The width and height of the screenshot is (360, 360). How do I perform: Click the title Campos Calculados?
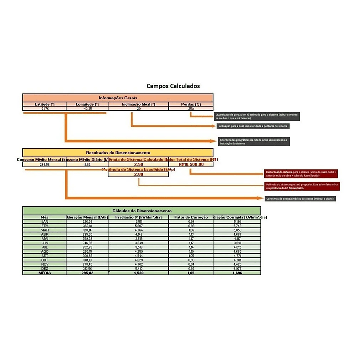173,86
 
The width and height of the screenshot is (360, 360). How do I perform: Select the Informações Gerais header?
118,97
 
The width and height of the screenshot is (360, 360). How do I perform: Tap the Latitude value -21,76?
45,108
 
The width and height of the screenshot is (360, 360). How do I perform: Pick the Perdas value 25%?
191,108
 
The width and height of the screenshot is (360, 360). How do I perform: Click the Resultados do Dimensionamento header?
118,152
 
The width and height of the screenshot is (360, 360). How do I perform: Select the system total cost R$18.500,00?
191,164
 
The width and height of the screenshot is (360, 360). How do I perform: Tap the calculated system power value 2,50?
139,164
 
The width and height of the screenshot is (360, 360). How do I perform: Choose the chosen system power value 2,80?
139,174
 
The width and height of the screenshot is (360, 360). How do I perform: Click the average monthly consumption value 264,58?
45,164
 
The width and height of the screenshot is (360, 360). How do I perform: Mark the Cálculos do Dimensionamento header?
142,211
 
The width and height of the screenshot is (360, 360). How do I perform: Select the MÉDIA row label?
45,273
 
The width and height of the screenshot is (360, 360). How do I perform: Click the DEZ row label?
45,268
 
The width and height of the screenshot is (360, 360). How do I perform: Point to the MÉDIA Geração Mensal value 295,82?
87,273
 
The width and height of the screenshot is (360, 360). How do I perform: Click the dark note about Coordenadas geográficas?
254,141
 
